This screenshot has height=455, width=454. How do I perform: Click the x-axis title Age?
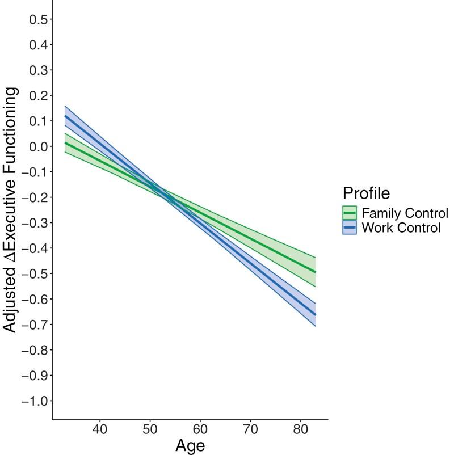(190, 445)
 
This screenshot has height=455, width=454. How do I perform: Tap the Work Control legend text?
(401, 228)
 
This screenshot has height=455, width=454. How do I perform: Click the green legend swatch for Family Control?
(350, 213)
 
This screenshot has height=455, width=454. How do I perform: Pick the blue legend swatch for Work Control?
(350, 228)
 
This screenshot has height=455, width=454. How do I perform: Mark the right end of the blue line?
(315, 314)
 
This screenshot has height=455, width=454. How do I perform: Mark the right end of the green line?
(315, 272)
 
